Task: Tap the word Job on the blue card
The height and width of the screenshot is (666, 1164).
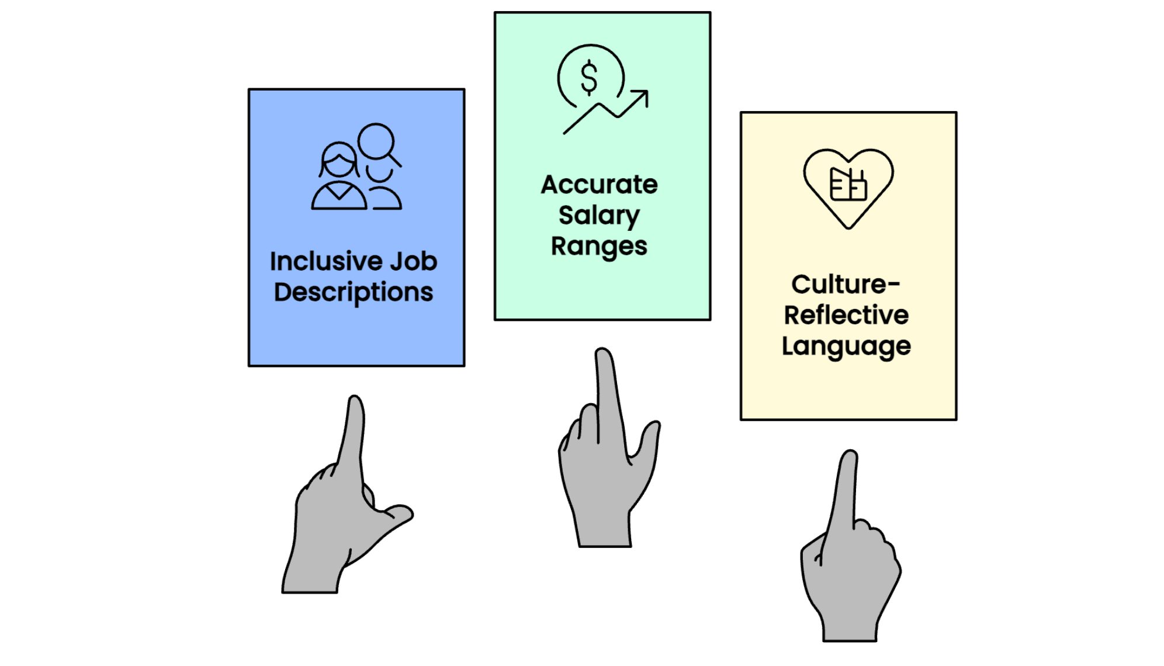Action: (414, 261)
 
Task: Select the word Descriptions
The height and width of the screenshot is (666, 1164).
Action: (354, 292)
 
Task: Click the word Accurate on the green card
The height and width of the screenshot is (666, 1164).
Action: (599, 185)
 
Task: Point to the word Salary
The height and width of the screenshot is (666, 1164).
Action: (599, 216)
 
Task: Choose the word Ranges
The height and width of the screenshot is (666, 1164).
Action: (599, 246)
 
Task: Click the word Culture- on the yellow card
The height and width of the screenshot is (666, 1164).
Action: (846, 285)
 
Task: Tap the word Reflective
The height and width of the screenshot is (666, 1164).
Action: (846, 315)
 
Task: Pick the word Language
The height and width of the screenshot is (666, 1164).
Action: (846, 346)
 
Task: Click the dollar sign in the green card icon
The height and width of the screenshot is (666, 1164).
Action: (589, 78)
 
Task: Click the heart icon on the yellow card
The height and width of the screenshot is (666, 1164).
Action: (848, 187)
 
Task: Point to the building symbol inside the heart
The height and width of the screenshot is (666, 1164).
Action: (848, 184)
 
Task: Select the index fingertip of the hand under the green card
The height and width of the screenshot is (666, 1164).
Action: (604, 357)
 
